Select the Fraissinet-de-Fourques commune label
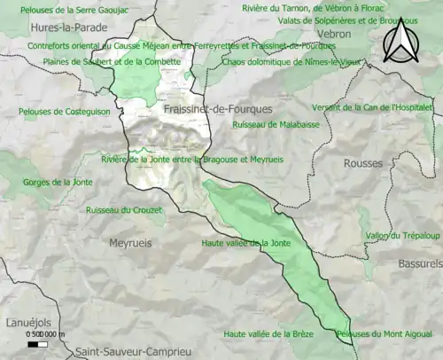[218, 107]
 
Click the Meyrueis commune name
[131, 242]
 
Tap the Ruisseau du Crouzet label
[124, 210]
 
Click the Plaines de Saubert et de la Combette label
[112, 62]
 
